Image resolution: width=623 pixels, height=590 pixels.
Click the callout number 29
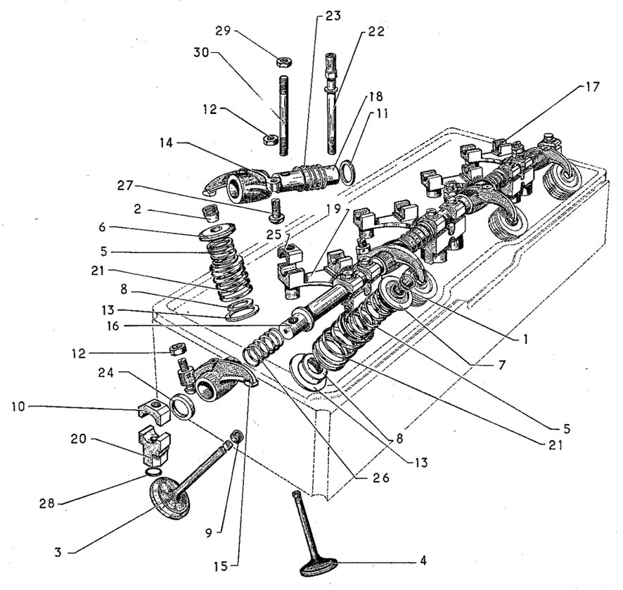coord(223,31)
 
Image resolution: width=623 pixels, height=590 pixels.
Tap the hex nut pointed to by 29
coord(285,61)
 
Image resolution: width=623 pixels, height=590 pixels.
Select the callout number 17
coord(591,86)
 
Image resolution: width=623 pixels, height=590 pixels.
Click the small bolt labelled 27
coord(274,210)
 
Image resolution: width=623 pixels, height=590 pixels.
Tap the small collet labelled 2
coord(212,213)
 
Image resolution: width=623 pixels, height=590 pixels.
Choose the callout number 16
coord(113,326)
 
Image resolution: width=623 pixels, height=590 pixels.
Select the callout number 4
coord(423,560)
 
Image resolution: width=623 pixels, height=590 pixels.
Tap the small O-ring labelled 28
coord(153,472)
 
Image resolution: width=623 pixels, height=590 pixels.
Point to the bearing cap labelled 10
coord(154,409)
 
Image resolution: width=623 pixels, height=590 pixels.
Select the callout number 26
coord(380,477)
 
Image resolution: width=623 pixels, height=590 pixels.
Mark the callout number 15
coord(221,566)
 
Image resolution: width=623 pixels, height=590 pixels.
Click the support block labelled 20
coord(154,445)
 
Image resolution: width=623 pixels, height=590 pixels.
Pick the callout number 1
coord(525,339)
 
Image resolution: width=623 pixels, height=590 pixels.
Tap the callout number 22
coord(376,31)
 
